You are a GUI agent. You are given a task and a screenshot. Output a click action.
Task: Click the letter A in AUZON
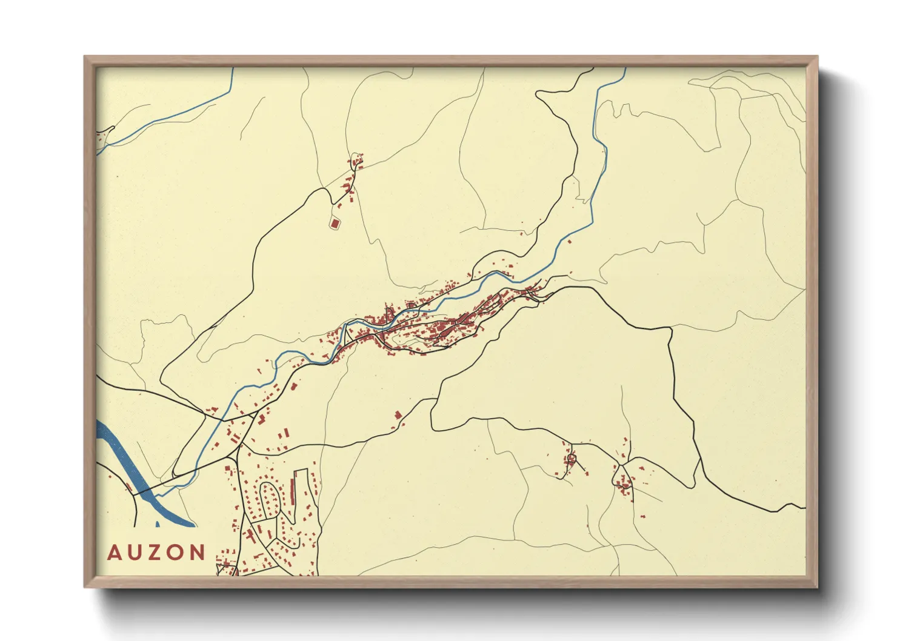coord(115,553)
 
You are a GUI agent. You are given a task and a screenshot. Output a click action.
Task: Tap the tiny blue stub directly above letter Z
coord(158,523)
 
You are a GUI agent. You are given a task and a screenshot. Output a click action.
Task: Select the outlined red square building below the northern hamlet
coord(335,224)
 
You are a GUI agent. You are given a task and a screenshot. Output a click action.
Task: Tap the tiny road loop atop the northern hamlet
coord(356,161)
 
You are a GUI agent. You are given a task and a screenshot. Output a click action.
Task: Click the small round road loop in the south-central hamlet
coord(570,460)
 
